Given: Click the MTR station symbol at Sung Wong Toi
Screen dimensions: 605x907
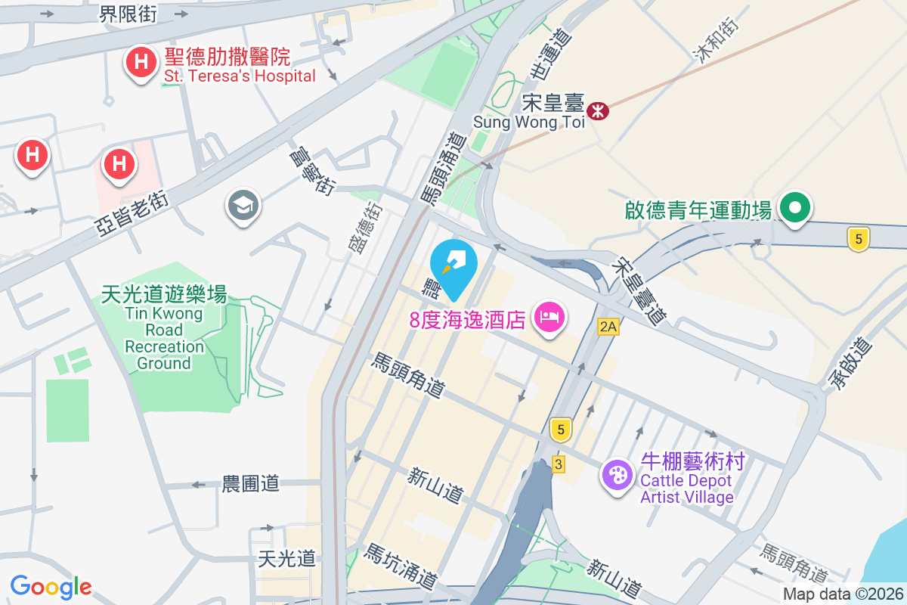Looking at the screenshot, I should [599, 111].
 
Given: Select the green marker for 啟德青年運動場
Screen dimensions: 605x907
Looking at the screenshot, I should [795, 207].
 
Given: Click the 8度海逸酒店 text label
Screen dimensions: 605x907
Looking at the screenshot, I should [467, 320].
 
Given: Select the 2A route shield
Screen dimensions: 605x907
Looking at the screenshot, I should [608, 327].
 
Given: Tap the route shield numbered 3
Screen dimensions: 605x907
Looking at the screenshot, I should [559, 464].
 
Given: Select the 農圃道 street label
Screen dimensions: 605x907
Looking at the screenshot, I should [250, 484].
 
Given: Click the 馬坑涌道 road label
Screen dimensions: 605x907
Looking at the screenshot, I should [400, 567].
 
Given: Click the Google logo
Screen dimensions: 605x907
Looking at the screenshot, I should [51, 586].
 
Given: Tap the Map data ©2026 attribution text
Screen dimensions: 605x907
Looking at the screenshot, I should [843, 594].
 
